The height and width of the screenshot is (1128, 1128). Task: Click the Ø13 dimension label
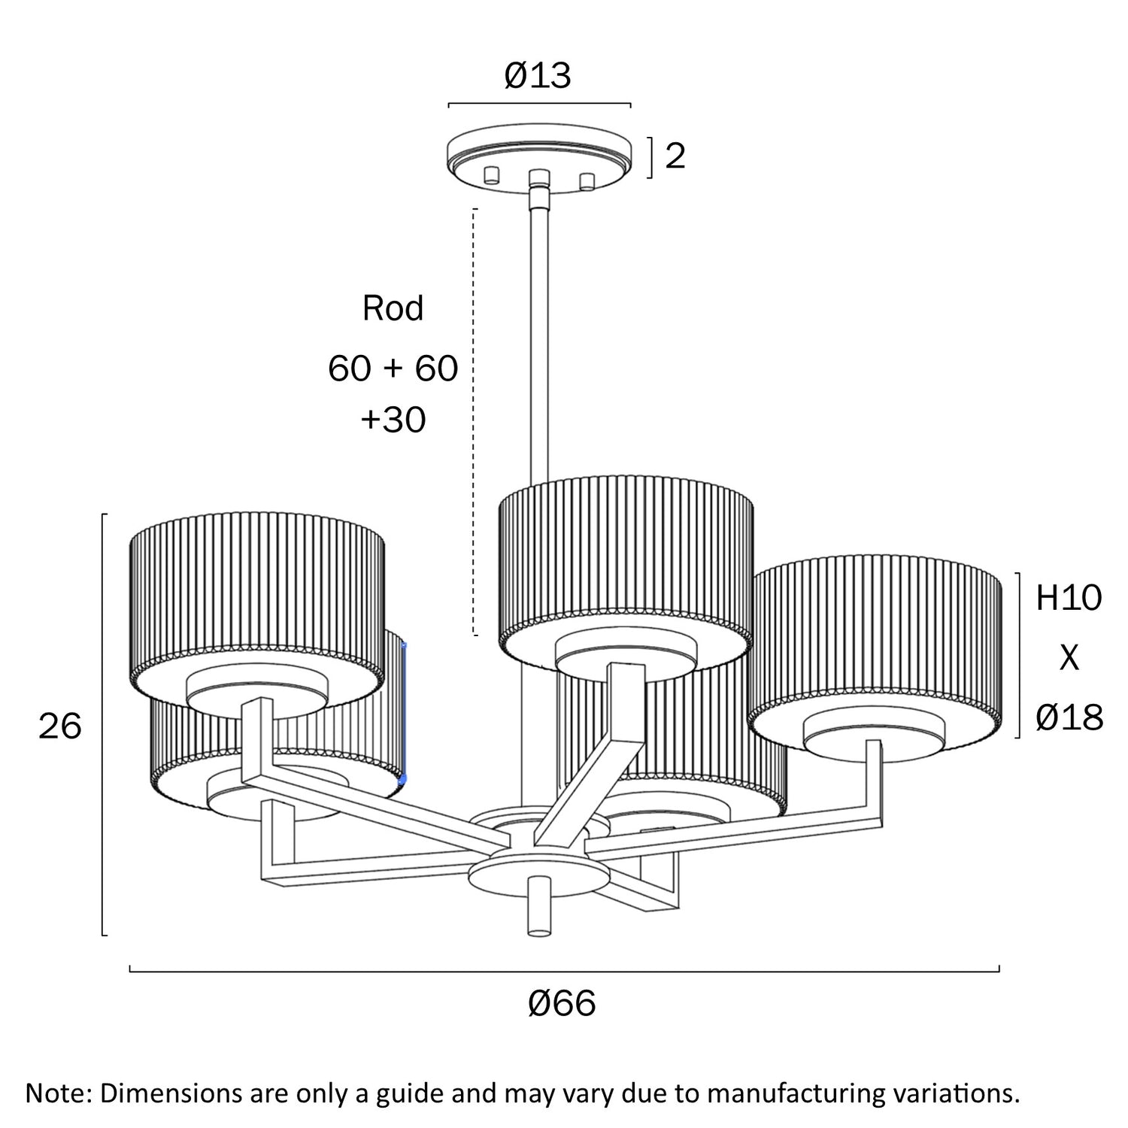coord(538,76)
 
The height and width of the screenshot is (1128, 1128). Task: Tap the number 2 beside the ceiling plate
coord(675,156)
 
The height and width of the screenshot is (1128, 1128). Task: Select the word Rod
coord(393,308)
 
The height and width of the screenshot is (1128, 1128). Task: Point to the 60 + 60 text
coord(393,368)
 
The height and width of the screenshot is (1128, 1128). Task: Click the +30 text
coord(393,420)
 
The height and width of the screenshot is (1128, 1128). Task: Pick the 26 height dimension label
coord(59,726)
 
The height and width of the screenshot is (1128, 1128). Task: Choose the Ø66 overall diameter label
coord(562,1003)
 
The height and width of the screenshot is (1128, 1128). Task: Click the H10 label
coord(1069,598)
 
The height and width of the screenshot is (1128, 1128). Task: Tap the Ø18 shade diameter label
coord(1069,718)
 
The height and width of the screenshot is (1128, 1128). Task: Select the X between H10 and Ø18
coord(1069,658)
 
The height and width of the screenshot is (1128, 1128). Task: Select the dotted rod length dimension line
coord(475,421)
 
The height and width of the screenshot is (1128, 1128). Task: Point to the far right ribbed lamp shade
coord(877,647)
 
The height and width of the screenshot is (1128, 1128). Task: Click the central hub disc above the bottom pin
coord(538,872)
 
